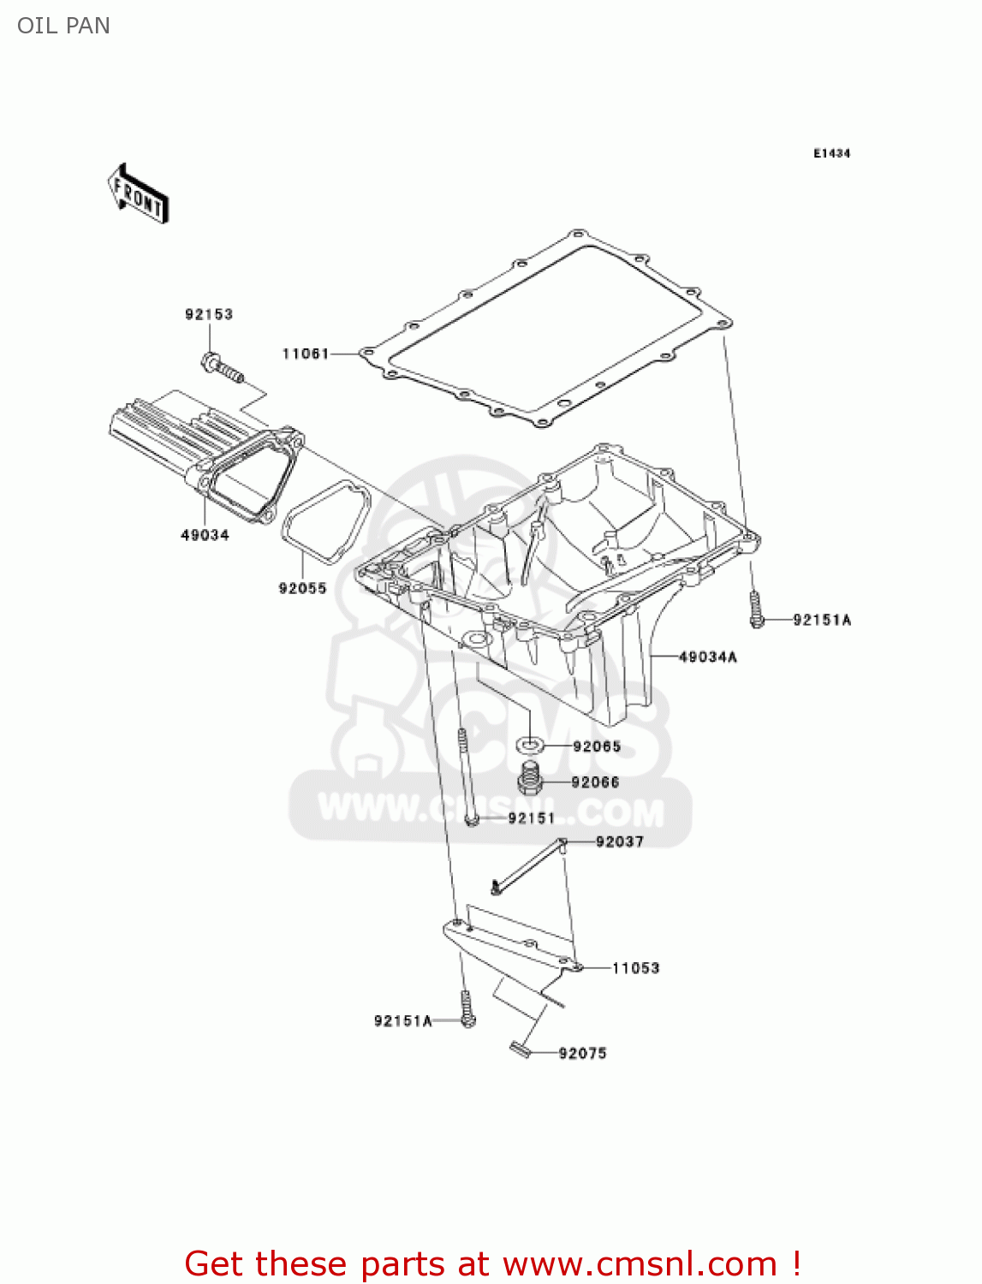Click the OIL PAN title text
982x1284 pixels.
(x=63, y=26)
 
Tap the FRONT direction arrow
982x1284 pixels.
(x=138, y=194)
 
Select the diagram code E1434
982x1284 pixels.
(x=831, y=153)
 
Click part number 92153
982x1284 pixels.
(x=209, y=314)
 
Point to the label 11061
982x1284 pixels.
(x=306, y=354)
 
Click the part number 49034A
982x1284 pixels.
(x=708, y=657)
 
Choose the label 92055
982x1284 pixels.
(x=302, y=588)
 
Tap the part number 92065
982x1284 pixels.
(x=597, y=746)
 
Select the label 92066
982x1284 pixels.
(x=595, y=782)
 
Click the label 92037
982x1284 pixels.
(x=619, y=841)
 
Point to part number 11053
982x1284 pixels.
(x=635, y=968)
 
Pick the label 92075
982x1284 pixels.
(x=582, y=1053)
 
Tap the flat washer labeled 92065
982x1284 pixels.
(x=531, y=745)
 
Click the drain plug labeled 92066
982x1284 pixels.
(x=531, y=779)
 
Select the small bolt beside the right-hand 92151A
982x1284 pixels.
(x=755, y=609)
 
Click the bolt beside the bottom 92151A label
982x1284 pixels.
(x=467, y=1010)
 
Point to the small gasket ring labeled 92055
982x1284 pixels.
(x=325, y=521)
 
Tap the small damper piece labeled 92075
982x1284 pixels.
(x=520, y=1049)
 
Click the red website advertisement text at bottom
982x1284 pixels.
(x=492, y=1263)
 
